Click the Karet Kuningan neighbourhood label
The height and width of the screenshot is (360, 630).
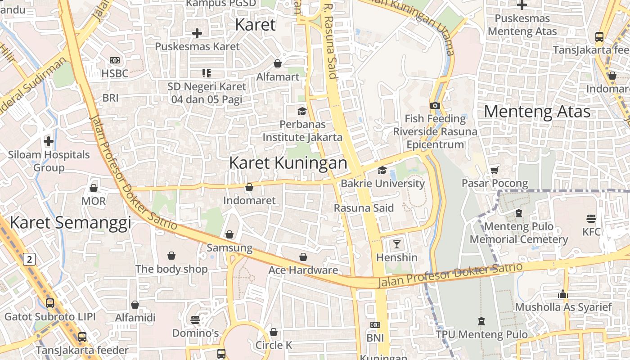coord(288,163)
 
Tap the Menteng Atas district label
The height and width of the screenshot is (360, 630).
coord(537,111)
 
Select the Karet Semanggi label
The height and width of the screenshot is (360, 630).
coord(70,222)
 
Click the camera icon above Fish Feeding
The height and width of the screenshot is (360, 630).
coord(435,105)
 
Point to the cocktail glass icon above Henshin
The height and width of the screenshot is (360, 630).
coord(396,244)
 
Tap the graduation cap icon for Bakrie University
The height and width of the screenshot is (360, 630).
coord(382,170)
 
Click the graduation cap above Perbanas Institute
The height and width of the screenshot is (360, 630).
coord(301,111)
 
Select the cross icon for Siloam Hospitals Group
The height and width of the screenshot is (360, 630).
coord(49,141)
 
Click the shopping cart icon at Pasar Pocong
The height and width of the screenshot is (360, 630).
coord(495,170)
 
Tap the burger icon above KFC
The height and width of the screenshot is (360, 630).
coord(591,219)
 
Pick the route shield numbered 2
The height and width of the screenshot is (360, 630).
coord(30,259)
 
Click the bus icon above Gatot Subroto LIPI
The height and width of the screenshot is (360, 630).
coord(49,303)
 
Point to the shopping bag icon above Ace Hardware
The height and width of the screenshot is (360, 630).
coord(303,257)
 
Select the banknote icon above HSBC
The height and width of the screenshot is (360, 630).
coord(115,60)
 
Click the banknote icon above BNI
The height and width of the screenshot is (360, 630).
coord(375,325)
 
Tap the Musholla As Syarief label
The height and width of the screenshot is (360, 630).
coord(563,307)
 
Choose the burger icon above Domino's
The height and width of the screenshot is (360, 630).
coord(195,320)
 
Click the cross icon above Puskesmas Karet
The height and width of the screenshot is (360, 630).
coord(197,33)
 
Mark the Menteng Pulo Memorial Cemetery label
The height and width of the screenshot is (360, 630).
coord(518,233)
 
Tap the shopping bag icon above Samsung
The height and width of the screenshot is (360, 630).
coord(229,234)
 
